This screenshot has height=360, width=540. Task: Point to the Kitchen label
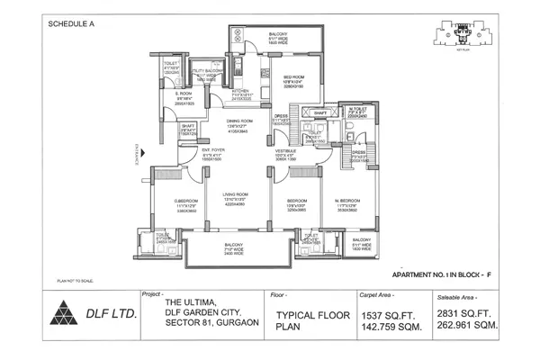[x=240, y=91]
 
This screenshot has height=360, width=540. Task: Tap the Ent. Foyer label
[x=212, y=150]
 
